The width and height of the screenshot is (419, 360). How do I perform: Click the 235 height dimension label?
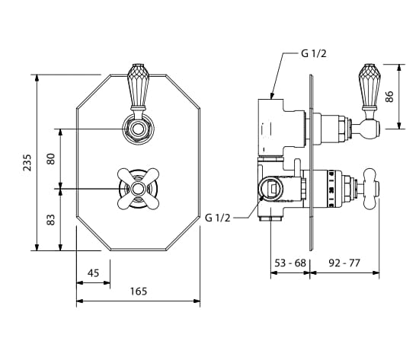pos(27,162)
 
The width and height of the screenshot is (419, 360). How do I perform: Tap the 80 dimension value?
pos(51,158)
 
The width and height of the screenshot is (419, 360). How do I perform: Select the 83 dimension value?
pos(51,219)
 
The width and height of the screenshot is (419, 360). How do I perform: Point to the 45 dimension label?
pos(93,273)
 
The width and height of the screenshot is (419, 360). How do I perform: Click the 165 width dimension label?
pos(139,291)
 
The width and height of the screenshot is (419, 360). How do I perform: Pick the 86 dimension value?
pos(389,97)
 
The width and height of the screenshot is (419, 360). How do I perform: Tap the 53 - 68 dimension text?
pos(290,263)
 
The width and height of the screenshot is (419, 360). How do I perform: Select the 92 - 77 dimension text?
pos(344,263)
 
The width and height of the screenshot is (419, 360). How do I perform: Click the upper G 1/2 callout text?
pos(314,54)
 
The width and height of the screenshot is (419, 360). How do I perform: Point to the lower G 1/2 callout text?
pos(218,218)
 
